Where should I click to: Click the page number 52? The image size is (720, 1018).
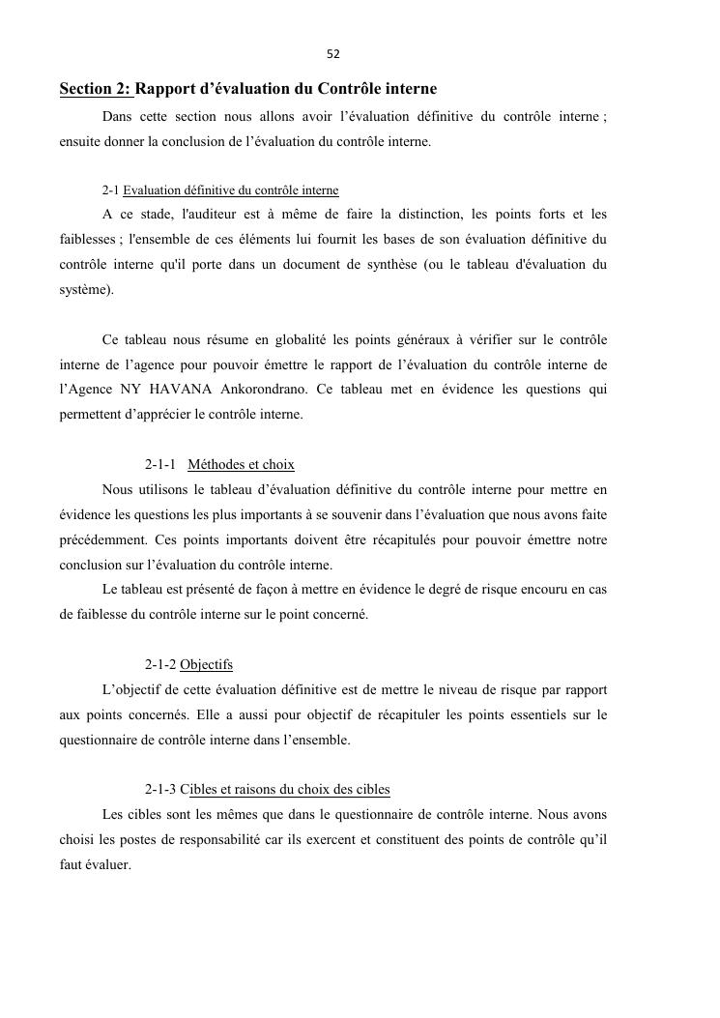[x=332, y=54]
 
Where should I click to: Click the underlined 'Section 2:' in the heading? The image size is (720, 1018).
[x=96, y=89]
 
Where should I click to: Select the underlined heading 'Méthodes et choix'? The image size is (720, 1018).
[x=241, y=465]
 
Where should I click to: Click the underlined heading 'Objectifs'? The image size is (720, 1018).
[x=206, y=665]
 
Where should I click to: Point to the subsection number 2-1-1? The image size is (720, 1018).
[x=160, y=465]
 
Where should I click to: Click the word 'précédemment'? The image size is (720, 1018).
[x=103, y=540]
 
